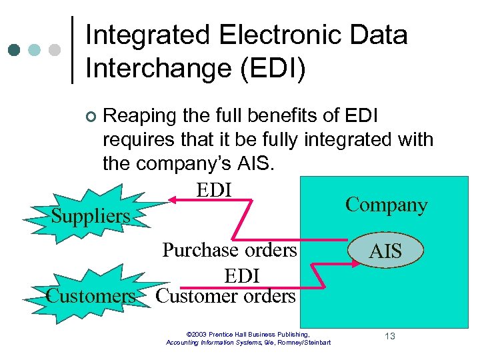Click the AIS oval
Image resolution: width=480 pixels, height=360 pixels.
[385, 251]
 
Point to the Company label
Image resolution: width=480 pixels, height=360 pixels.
[386, 205]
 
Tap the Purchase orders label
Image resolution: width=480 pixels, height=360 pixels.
[230, 250]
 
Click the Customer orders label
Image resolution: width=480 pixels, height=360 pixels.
[225, 295]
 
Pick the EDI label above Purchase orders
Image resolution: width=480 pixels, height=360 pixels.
[214, 189]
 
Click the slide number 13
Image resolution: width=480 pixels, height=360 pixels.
[389, 336]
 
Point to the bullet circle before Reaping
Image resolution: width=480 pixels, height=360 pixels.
[91, 117]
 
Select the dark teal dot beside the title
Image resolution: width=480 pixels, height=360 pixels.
[13, 49]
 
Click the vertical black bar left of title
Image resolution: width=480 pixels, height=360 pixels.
[72, 49]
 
